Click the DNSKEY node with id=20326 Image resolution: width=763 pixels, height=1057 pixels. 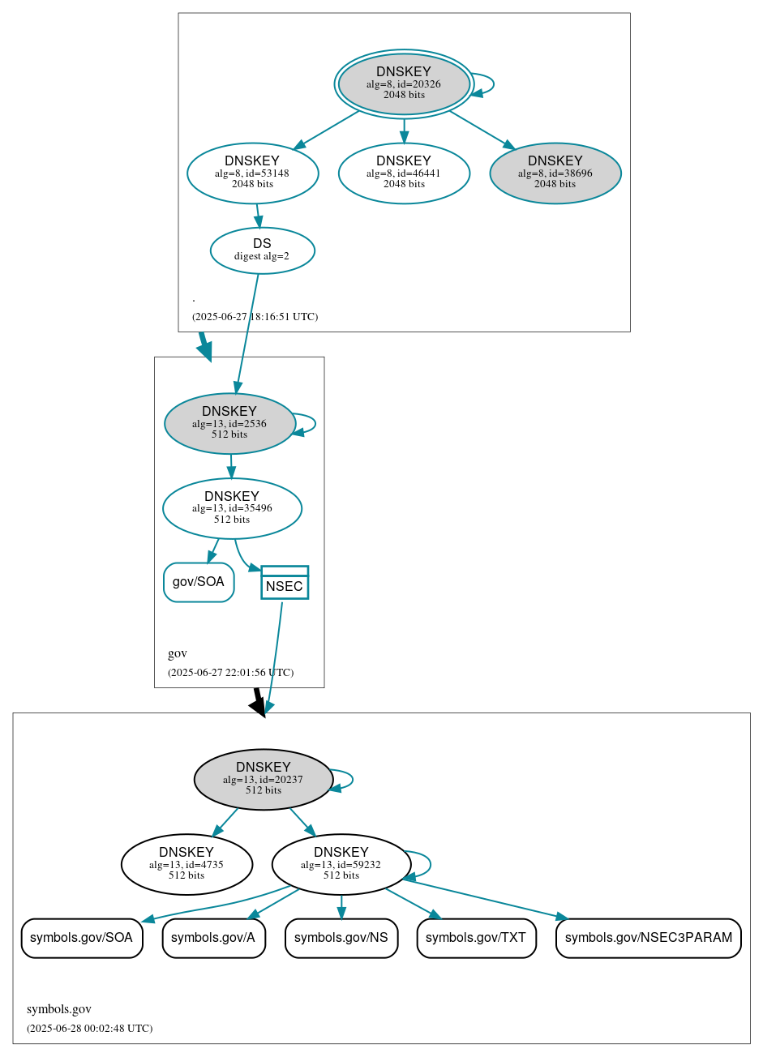pyautogui.click(x=404, y=83)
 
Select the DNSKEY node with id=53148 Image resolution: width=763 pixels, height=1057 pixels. pyautogui.click(x=252, y=173)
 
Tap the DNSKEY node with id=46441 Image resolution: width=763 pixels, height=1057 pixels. pyautogui.click(x=404, y=173)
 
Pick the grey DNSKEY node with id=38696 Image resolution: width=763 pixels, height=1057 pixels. pyautogui.click(x=555, y=173)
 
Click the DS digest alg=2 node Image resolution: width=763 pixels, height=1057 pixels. pyautogui.click(x=262, y=250)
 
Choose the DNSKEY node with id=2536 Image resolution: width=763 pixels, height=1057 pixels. pyautogui.click(x=229, y=423)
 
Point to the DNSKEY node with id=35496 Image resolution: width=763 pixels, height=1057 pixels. pyautogui.click(x=232, y=508)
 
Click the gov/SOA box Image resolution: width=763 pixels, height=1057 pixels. pyautogui.click(x=199, y=582)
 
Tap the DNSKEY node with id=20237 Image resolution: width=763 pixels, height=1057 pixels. pyautogui.click(x=264, y=779)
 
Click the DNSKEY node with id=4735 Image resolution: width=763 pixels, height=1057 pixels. pyautogui.click(x=186, y=864)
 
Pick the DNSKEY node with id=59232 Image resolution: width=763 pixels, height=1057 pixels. pyautogui.click(x=341, y=864)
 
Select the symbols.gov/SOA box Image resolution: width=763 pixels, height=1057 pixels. pyautogui.click(x=82, y=938)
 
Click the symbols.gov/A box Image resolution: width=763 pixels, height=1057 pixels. pyautogui.click(x=214, y=938)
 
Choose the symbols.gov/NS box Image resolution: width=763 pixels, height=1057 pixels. pyautogui.click(x=341, y=938)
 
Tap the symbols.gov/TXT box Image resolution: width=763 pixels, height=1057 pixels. pyautogui.click(x=476, y=938)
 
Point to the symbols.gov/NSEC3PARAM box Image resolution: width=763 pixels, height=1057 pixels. pyautogui.click(x=648, y=938)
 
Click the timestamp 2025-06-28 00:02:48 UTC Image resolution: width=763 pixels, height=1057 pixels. pyautogui.click(x=89, y=1029)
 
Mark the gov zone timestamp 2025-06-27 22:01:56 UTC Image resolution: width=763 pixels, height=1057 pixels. pyautogui.click(x=230, y=673)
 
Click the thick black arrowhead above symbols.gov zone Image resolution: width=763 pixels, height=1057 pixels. pyautogui.click(x=258, y=706)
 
